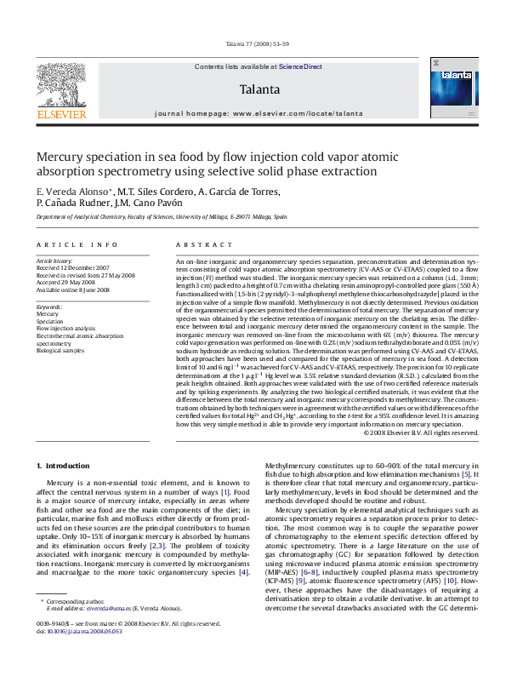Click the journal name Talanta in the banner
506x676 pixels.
click(x=259, y=89)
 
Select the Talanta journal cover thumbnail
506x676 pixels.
click(x=454, y=89)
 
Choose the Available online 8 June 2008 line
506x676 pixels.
click(x=73, y=289)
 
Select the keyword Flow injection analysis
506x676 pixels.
click(x=66, y=328)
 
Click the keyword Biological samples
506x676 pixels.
click(x=60, y=350)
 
